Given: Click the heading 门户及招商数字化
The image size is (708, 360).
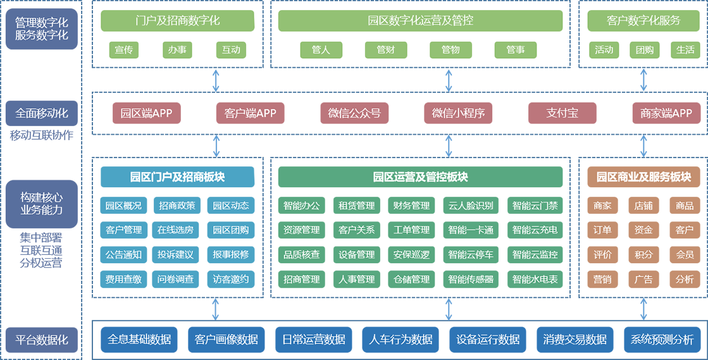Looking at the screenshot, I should (x=178, y=21).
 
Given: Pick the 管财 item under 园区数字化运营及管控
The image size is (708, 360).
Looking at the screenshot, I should (x=385, y=50).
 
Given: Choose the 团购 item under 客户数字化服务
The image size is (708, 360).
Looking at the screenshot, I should (x=645, y=50).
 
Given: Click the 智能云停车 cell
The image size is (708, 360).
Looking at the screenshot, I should (x=471, y=255).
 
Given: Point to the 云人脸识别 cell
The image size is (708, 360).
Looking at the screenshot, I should (x=471, y=206).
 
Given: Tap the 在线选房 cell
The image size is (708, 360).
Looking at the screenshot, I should (x=175, y=230).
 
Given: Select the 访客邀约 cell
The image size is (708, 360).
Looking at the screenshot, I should (x=231, y=279).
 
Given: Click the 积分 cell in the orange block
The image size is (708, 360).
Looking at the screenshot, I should (x=643, y=255).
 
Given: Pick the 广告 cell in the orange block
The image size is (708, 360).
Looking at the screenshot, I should (x=643, y=279).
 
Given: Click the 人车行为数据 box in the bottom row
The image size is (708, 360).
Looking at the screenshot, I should (x=401, y=340).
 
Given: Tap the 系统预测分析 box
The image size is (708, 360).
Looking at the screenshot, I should (x=662, y=340).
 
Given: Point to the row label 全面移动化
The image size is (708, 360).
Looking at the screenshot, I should (x=42, y=114).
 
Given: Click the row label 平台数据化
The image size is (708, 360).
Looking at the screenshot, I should (x=42, y=340).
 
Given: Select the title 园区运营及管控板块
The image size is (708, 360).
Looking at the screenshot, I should (x=420, y=177).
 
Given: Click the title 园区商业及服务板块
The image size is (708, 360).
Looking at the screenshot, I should (x=643, y=177).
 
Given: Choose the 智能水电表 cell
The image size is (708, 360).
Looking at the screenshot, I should (x=535, y=279).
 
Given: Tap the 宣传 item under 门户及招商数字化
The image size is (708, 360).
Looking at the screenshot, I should (x=124, y=50).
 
